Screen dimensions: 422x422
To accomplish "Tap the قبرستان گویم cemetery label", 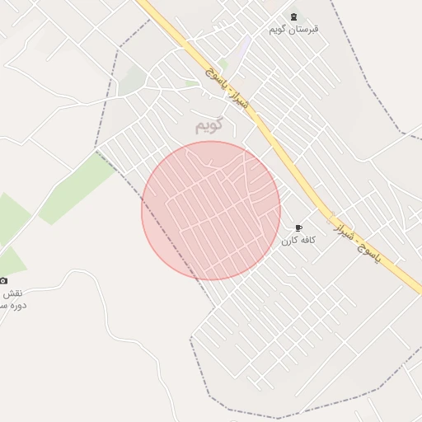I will [x=293, y=30].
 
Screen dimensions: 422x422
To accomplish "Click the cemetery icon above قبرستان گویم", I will [x=294, y=17].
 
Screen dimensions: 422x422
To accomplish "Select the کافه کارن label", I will [x=298, y=240].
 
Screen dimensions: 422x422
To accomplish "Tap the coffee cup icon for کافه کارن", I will [x=298, y=228].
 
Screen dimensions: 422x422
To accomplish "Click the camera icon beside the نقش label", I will [x=3, y=281].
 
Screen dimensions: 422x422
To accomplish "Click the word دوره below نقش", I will [x=17, y=305].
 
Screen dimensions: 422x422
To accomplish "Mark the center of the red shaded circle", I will [x=211, y=210].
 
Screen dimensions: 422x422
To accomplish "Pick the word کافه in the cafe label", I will [x=307, y=240].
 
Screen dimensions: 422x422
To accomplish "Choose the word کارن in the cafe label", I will [x=288, y=240].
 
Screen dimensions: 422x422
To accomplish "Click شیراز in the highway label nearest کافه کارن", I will [x=348, y=231].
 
